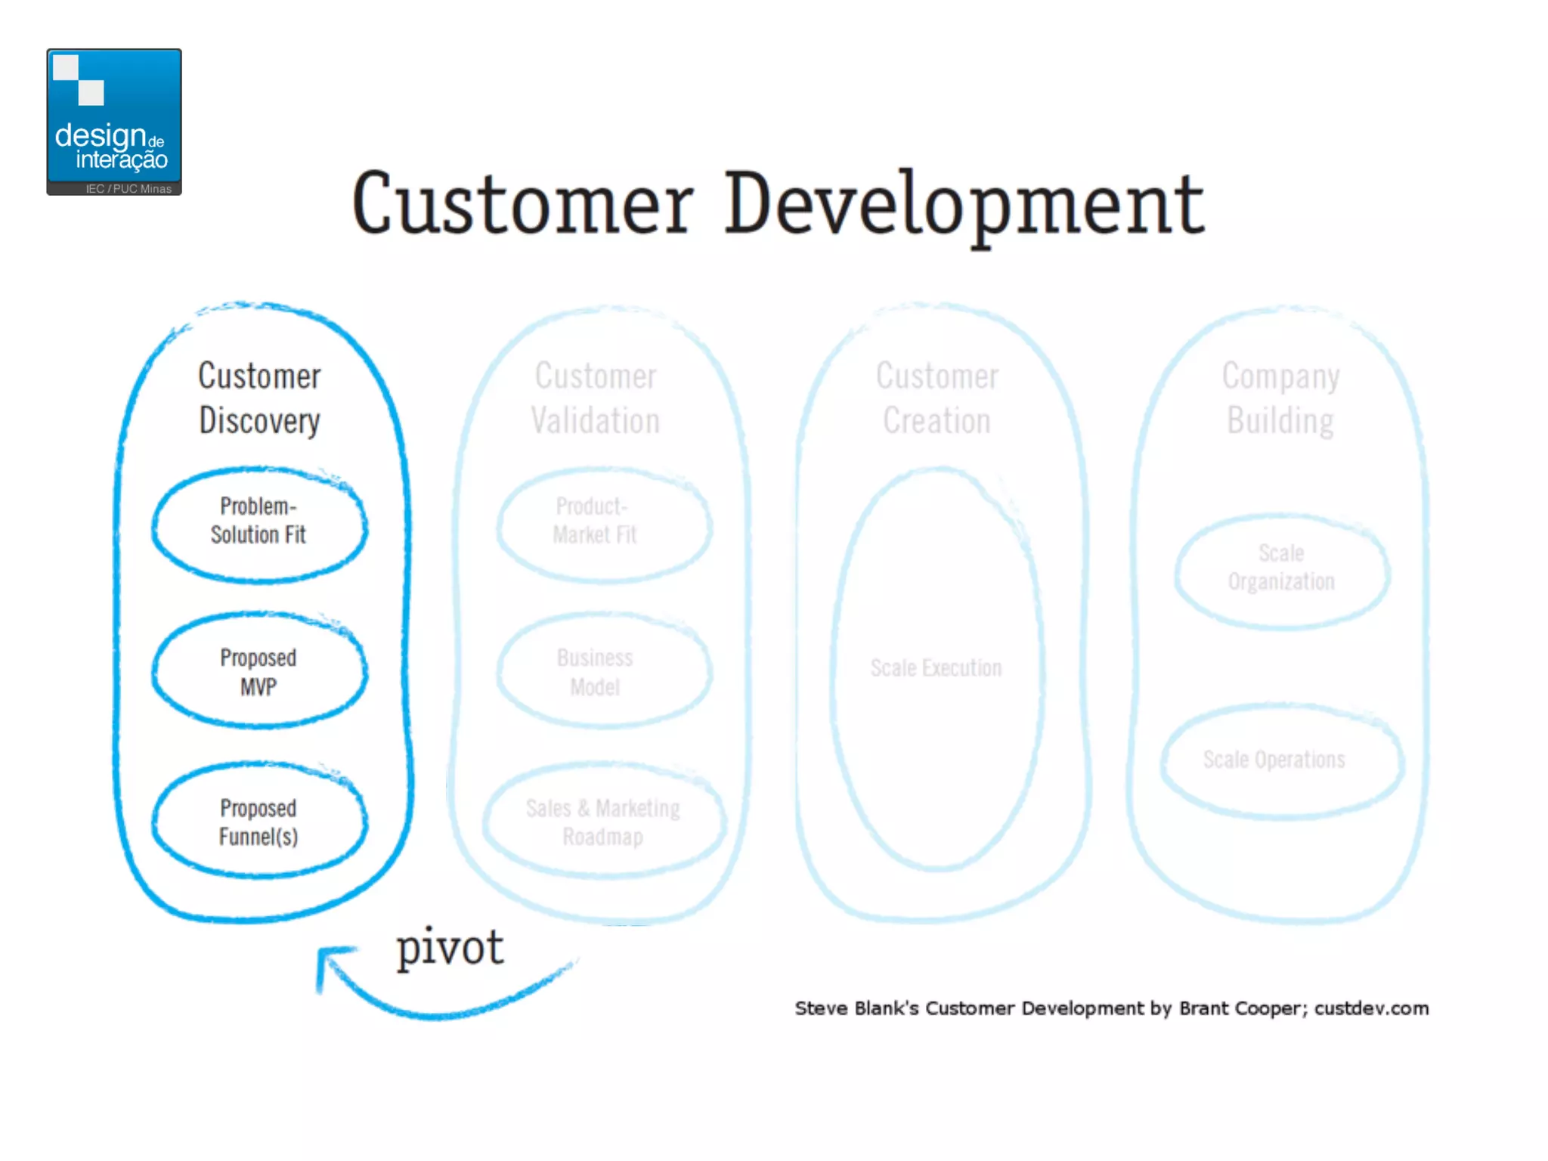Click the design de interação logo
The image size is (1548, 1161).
pos(113,121)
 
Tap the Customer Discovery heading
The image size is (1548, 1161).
pos(259,398)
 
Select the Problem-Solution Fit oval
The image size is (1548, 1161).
pos(259,522)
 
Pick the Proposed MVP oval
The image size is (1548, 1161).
pos(259,671)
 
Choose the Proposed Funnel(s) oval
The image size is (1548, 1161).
pos(259,822)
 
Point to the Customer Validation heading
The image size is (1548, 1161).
pos(596,398)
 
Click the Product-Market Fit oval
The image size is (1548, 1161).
pos(602,522)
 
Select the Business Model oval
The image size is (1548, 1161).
pos(602,671)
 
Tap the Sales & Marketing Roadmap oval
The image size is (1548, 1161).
pos(603,822)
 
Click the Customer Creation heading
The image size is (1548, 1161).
pos(937,398)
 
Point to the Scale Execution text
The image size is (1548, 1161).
pos(936,668)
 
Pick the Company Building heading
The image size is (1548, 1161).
pos(1280,398)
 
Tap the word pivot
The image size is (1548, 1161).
pos(450,947)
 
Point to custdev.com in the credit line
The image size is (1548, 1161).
pos(1371,1008)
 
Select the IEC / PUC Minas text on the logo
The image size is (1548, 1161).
pos(128,189)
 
